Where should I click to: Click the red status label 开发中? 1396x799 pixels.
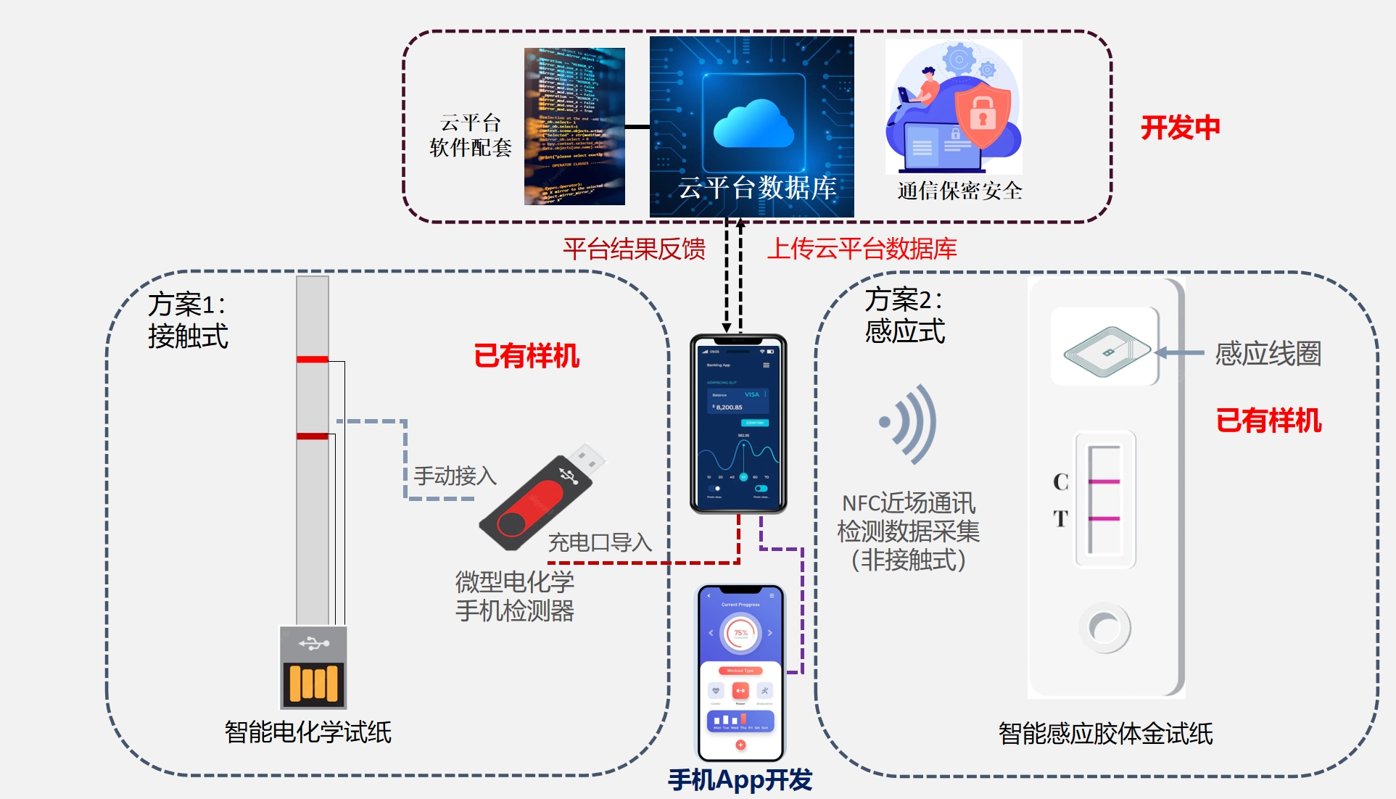click(x=1180, y=128)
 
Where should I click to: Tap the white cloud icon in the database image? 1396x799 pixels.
click(x=753, y=124)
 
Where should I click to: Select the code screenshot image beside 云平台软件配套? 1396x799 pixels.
click(x=574, y=126)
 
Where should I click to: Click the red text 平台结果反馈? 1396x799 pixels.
click(x=634, y=249)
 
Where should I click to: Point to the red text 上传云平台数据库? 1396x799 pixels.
click(x=862, y=249)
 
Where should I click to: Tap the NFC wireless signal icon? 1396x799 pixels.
click(x=909, y=423)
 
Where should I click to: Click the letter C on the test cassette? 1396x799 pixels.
click(x=1061, y=482)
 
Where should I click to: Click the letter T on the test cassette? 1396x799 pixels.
click(x=1061, y=518)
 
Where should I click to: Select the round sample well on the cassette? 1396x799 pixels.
click(x=1104, y=627)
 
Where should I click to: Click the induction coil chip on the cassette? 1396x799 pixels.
click(x=1107, y=352)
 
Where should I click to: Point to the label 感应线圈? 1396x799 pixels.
click(x=1268, y=354)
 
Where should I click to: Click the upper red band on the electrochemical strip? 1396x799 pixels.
click(x=313, y=359)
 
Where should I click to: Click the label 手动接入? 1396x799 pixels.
click(x=455, y=476)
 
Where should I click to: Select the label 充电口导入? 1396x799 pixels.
click(x=600, y=542)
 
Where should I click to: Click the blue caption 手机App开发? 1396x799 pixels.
click(x=740, y=780)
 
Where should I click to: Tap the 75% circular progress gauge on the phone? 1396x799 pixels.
click(x=740, y=633)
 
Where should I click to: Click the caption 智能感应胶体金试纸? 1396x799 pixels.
click(x=1105, y=734)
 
